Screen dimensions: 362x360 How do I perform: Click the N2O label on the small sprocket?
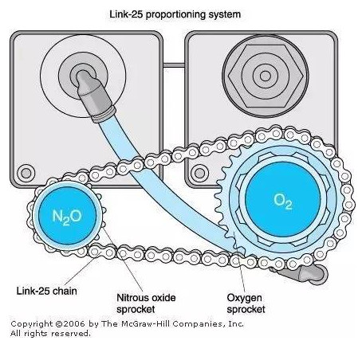[x=67, y=217]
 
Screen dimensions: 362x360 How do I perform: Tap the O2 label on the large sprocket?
[x=283, y=201]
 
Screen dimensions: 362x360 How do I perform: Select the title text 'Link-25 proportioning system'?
[x=175, y=14]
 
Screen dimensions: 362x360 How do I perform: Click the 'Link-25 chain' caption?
[x=47, y=291]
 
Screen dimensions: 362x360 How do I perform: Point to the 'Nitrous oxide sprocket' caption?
[x=146, y=303]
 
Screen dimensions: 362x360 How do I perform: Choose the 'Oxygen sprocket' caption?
[x=246, y=303]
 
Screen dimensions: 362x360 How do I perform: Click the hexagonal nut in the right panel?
[x=266, y=76]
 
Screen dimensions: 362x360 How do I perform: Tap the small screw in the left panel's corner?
[x=26, y=173]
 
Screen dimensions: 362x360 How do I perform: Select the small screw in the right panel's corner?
[x=199, y=173]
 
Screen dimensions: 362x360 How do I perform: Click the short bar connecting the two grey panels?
[x=174, y=65]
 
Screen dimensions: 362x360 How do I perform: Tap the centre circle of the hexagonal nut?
[x=266, y=76]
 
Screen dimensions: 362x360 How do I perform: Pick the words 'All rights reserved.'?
[x=50, y=333]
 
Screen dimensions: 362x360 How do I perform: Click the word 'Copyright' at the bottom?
[x=32, y=324]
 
